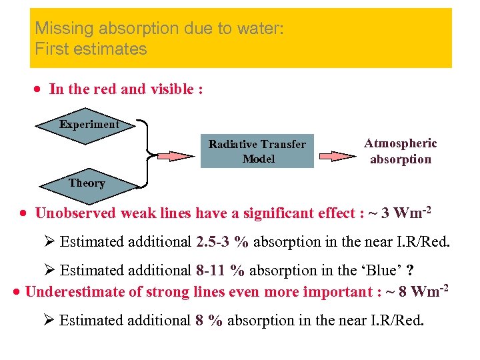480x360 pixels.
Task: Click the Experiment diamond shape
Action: (89, 125)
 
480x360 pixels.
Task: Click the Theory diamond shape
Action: (87, 183)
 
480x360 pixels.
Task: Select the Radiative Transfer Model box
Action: (257, 151)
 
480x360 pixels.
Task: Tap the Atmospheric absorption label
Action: (400, 151)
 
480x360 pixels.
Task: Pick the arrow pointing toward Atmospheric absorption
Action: (337, 156)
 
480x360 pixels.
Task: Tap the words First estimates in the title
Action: (91, 49)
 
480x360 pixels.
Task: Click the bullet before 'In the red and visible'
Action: (40, 90)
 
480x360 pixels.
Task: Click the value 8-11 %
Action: (220, 270)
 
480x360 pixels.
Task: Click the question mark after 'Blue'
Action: (411, 270)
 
